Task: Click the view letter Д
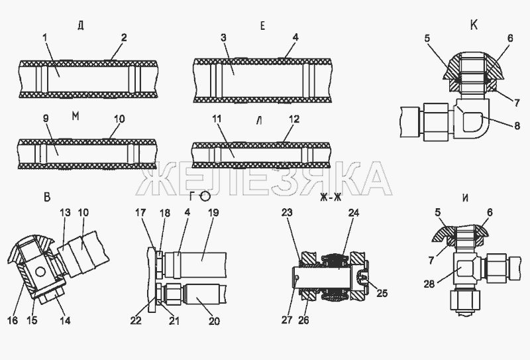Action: click(80, 26)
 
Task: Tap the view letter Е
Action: click(262, 26)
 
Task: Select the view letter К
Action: click(474, 25)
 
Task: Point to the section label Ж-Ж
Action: click(331, 198)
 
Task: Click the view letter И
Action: click(466, 198)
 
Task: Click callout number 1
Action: click(45, 37)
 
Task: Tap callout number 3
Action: click(223, 37)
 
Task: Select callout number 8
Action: click(517, 126)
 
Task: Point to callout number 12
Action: click(294, 119)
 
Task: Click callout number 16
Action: click(13, 320)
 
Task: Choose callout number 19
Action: click(213, 212)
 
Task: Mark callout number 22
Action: click(136, 320)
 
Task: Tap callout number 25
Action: click(382, 293)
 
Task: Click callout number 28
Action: click(429, 284)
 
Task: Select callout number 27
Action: click(286, 320)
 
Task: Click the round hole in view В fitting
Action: click(40, 272)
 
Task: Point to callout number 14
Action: click(65, 320)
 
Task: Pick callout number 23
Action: click(287, 212)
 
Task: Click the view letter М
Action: click(76, 117)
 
